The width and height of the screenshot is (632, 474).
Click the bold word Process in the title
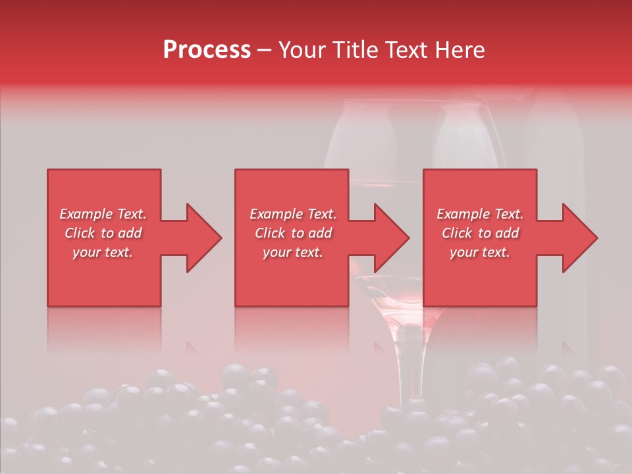tap(207, 50)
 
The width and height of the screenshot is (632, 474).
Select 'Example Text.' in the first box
tap(103, 214)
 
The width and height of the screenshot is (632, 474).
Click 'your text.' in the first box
tap(103, 252)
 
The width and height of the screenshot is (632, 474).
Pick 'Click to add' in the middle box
tap(293, 233)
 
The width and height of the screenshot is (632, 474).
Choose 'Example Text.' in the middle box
tap(293, 214)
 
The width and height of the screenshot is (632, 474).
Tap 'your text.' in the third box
tap(480, 252)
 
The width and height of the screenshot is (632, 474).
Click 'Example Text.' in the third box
tap(480, 214)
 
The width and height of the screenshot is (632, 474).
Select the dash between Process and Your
tap(265, 51)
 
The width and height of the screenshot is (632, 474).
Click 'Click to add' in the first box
tap(103, 233)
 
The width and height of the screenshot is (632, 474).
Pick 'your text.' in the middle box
tap(293, 252)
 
